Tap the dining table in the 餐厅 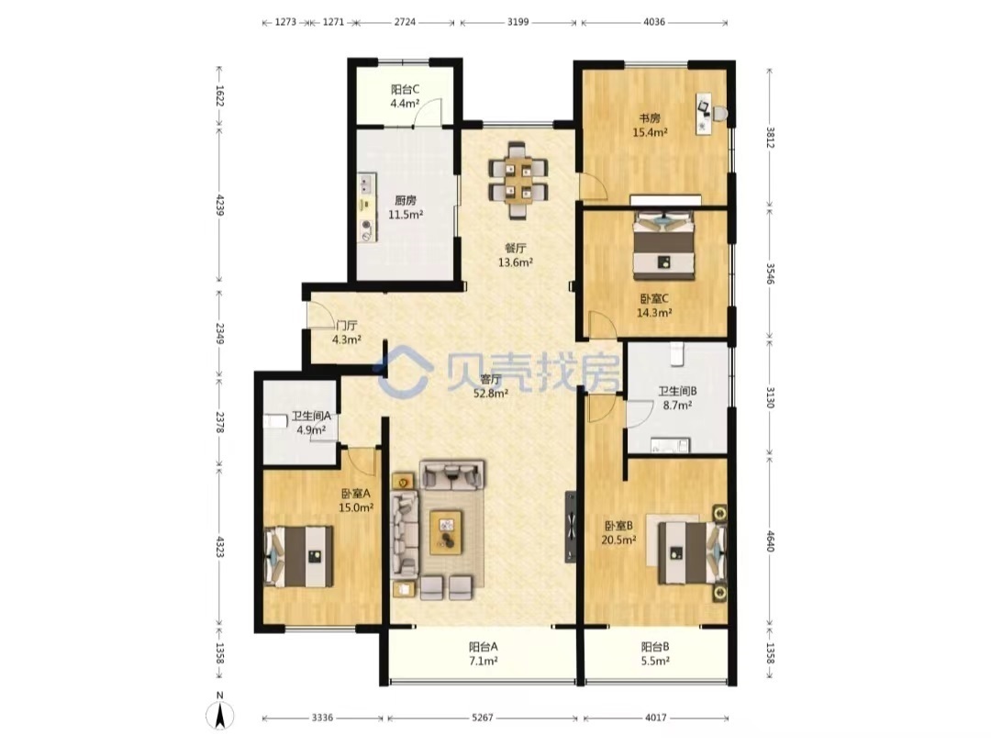point(518,180)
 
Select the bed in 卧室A point(298,556)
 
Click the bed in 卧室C point(664,245)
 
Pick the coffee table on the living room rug point(446,532)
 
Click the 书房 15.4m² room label point(651,125)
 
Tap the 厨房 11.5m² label point(406,207)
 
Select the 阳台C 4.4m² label point(406,96)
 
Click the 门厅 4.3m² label point(347,332)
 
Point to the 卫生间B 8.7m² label point(677,398)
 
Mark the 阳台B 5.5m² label point(655,653)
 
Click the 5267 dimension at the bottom point(483,718)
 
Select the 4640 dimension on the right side point(770,541)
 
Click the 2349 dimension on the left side point(219,333)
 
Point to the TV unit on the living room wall point(571,528)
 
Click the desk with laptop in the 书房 point(704,114)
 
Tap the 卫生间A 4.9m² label point(311,423)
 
